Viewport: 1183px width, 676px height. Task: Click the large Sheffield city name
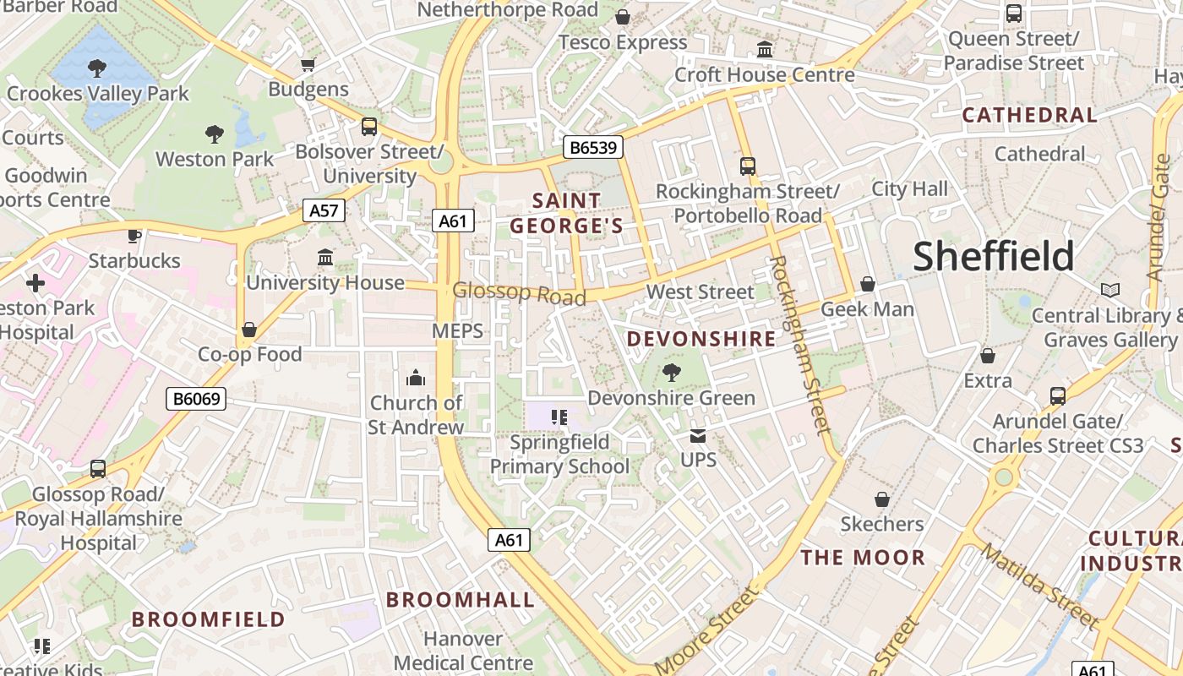point(993,256)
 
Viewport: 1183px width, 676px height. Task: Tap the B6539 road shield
point(594,148)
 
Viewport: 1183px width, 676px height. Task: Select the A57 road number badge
point(324,210)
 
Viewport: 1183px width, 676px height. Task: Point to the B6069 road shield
point(196,399)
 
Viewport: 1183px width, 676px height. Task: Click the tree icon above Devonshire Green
point(672,372)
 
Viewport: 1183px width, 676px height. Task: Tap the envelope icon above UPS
point(698,436)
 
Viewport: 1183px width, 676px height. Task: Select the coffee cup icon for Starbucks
point(134,236)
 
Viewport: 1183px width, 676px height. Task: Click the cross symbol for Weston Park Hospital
point(35,282)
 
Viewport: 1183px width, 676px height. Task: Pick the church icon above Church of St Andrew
point(416,378)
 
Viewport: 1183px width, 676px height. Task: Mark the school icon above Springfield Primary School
point(558,417)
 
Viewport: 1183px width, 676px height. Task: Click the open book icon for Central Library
point(1110,291)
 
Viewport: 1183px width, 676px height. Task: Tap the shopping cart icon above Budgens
point(308,64)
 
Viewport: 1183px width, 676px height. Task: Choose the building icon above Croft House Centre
point(765,50)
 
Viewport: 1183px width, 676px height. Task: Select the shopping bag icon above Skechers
point(882,499)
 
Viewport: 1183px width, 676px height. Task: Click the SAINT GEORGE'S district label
point(567,213)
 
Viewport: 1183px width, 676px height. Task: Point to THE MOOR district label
point(863,558)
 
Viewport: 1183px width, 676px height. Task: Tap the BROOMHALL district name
point(461,600)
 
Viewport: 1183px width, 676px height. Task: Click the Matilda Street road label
point(1039,586)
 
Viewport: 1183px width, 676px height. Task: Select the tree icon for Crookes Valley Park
point(97,68)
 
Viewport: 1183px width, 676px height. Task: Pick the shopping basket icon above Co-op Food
point(249,330)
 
